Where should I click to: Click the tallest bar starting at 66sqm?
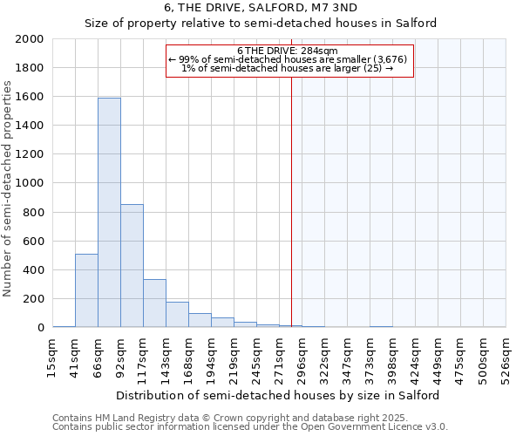coord(109,213)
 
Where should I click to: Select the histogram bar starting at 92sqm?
coord(132,266)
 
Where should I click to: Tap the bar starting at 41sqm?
coord(86,290)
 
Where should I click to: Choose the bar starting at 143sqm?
coord(177,315)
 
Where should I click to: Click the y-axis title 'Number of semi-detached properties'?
coord(8,188)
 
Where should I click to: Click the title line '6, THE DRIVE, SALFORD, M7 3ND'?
coord(261,9)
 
